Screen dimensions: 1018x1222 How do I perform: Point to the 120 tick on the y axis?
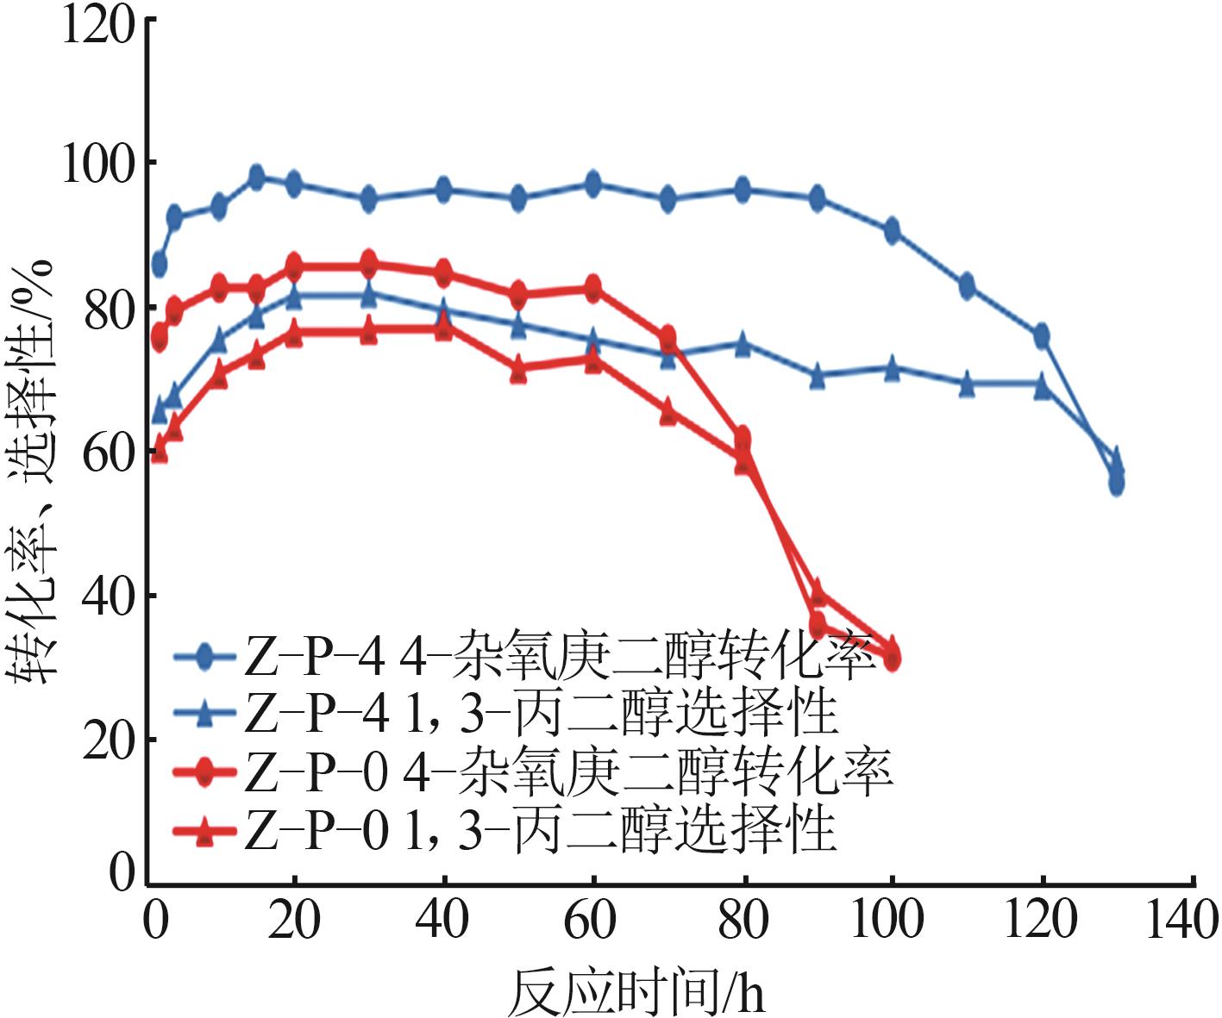point(97,24)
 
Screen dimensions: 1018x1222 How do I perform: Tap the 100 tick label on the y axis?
point(97,165)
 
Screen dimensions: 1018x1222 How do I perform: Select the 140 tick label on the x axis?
point(1181,921)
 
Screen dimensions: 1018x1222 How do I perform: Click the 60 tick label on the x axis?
point(591,921)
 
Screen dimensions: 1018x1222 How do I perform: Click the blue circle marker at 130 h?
point(1116,483)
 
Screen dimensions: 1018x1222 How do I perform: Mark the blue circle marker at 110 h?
point(967,285)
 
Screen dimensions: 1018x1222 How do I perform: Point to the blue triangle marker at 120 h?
point(1042,385)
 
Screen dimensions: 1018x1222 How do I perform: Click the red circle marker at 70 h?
point(667,338)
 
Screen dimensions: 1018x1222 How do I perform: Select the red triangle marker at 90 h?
point(818,592)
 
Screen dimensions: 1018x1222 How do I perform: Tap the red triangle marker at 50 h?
point(518,372)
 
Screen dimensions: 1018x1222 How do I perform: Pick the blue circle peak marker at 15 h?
point(256,178)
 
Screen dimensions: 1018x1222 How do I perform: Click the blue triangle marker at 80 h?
point(743,344)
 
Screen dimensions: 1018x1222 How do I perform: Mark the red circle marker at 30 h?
point(369,263)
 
